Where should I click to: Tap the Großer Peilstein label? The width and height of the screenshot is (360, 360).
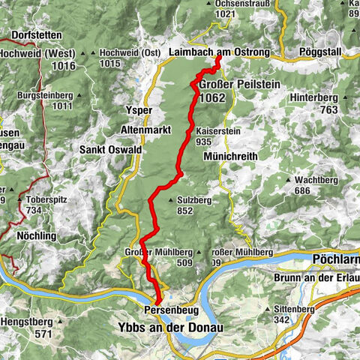pyautogui.click(x=238, y=85)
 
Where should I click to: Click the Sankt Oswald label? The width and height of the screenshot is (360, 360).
pyautogui.click(x=111, y=149)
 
